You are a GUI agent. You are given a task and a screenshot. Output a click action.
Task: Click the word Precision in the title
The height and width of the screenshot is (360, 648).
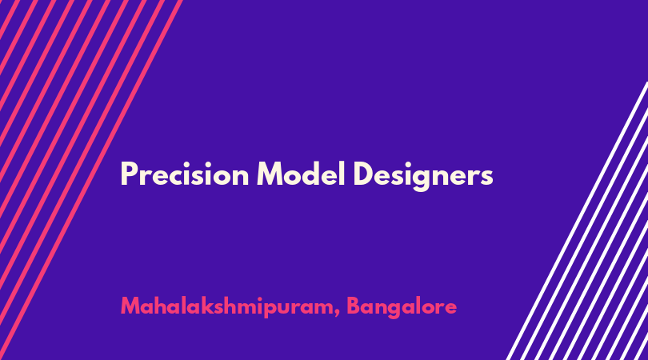[x=185, y=174]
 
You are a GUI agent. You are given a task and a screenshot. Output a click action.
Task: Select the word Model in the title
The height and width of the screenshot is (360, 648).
[x=301, y=174]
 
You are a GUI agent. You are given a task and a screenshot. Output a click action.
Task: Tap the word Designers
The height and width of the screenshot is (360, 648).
[x=423, y=176]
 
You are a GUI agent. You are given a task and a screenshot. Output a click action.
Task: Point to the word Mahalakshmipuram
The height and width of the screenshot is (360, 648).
[x=227, y=306]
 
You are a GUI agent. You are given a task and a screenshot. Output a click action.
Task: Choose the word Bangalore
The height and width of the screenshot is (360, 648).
[x=402, y=306]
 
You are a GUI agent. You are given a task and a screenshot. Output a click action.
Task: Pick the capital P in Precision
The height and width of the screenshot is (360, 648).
[x=128, y=174]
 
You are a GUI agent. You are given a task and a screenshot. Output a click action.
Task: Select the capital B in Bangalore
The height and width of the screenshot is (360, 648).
[x=354, y=306]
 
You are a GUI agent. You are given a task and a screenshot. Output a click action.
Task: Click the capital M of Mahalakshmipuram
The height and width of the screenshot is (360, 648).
[x=131, y=306]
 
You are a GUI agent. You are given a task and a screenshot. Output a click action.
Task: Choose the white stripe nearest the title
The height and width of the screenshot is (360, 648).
[x=577, y=221]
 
